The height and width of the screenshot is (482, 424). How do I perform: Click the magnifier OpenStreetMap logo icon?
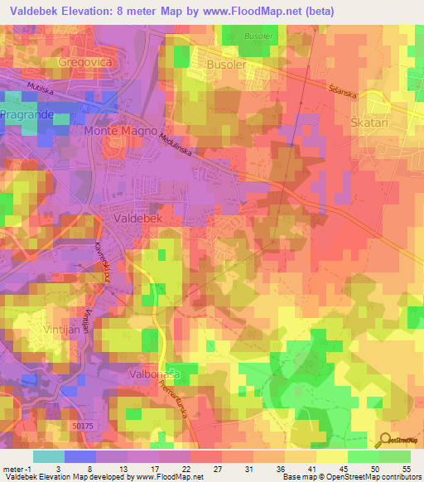coord(384,439)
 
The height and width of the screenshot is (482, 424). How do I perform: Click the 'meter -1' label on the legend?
coord(16,469)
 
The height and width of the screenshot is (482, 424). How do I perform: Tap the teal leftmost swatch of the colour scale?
coord(48,456)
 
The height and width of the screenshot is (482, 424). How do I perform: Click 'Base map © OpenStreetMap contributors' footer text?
coord(351,477)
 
